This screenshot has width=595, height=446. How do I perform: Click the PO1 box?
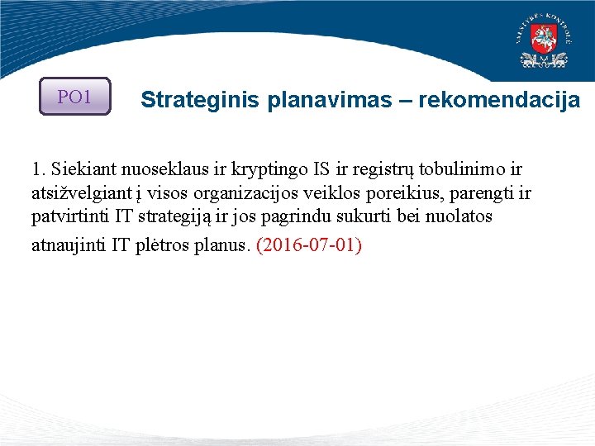tap(74, 97)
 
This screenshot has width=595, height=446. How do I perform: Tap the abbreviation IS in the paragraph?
tap(321, 170)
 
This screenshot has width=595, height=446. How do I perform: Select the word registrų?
tap(383, 171)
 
